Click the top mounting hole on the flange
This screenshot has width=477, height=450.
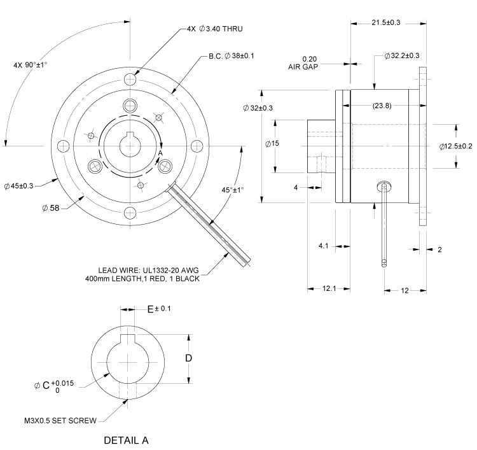click(x=130, y=80)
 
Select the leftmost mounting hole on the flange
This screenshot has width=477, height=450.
click(x=62, y=146)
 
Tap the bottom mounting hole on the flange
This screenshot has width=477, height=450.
click(x=130, y=213)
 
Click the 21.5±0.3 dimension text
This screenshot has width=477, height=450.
click(x=386, y=23)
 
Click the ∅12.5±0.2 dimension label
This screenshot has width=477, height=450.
click(x=455, y=146)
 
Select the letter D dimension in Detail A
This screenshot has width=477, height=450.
click(x=188, y=358)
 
